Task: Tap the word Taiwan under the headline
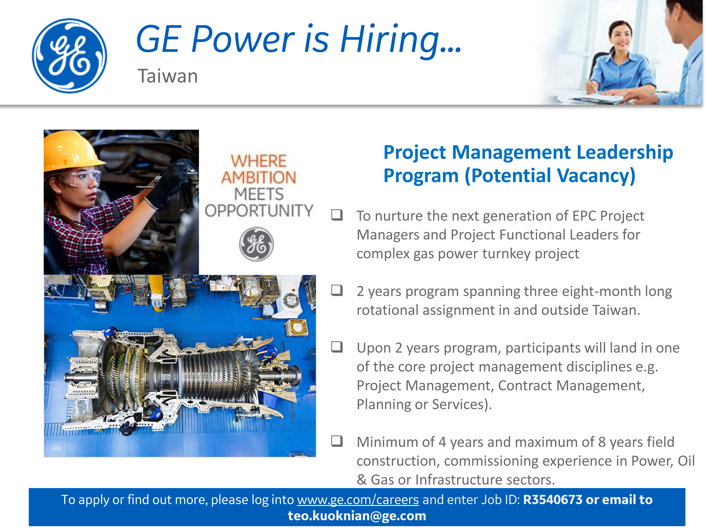(x=168, y=76)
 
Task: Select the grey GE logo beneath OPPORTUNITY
(x=256, y=244)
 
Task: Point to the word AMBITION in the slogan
(x=259, y=177)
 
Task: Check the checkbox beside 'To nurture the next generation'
(x=337, y=215)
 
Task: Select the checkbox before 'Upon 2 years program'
(x=337, y=347)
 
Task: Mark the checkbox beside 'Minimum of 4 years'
(x=337, y=441)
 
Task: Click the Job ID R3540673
(x=553, y=500)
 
